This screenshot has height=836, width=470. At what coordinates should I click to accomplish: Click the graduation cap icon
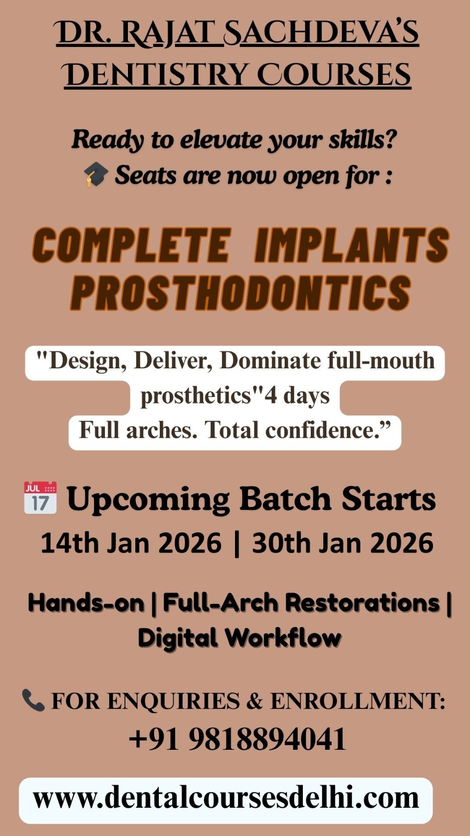96,175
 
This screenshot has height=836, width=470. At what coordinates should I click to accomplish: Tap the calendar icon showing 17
40,498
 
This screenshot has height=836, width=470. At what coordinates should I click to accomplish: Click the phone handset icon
33,700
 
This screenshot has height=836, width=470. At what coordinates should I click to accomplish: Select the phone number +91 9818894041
238,739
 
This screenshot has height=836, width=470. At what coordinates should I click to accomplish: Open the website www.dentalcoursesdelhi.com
226,798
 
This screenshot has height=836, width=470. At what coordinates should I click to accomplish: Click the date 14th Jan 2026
131,543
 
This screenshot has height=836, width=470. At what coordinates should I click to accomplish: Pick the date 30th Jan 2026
343,543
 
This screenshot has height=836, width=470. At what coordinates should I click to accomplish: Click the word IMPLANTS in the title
352,245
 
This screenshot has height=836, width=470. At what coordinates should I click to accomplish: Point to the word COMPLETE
131,245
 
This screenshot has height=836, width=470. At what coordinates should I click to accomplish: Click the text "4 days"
297,396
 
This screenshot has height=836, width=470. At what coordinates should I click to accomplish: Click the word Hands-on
86,602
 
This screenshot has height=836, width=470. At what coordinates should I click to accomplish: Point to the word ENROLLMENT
358,701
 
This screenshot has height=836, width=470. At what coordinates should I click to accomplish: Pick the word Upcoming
148,500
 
